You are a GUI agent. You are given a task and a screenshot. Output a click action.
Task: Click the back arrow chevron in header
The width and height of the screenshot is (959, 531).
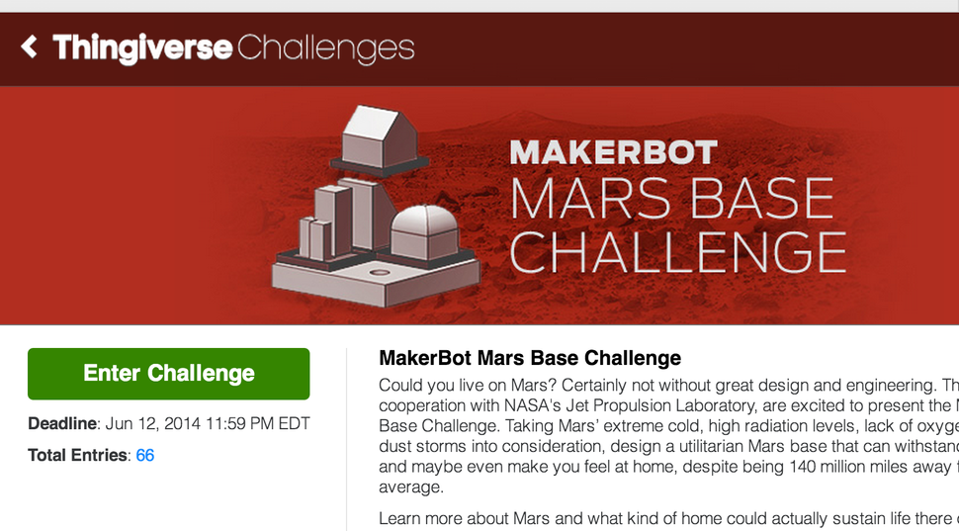pos(30,46)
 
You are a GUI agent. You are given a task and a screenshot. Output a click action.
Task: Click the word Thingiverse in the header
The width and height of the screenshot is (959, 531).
pos(142,47)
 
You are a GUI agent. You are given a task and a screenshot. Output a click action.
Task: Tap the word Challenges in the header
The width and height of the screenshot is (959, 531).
pos(325,47)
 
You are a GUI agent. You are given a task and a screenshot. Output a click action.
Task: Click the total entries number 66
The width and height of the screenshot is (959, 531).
pos(145,455)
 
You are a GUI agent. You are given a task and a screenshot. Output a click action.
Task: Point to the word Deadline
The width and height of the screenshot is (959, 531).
pos(62,424)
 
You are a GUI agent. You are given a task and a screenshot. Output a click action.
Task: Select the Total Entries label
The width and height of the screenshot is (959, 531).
pos(77,455)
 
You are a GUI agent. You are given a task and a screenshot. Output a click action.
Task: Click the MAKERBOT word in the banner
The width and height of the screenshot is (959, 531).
pos(613,153)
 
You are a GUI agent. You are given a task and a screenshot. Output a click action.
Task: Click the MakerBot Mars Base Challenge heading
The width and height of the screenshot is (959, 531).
pos(530,358)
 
